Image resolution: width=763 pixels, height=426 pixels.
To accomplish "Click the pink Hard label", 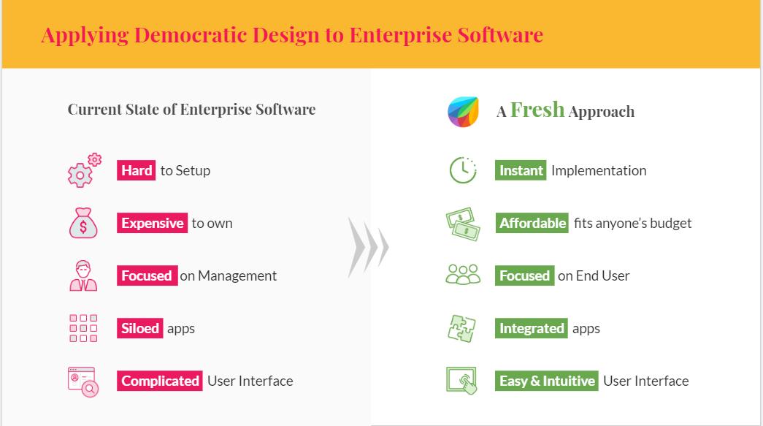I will pos(137,171).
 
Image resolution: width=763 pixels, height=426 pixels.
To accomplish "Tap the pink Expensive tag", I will pos(152,224).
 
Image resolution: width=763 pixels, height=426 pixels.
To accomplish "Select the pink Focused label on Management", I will pos(146,276).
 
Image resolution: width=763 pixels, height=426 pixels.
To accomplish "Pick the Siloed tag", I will pos(140,329).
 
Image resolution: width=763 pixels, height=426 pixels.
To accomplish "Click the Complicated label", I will pos(160,381).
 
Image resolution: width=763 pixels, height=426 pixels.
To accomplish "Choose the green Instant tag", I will pos(521,171).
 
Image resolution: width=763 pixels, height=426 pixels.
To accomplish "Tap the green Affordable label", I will pos(532,224).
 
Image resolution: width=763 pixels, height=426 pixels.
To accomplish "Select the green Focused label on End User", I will pos(524,276).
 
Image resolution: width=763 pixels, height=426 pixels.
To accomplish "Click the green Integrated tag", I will pos(532,329).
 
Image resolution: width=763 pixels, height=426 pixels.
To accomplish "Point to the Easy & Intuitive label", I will pos(547,381).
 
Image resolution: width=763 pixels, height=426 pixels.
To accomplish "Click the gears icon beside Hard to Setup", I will pos(84,170).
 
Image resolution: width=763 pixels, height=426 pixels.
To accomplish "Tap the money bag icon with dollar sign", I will pos(83,223).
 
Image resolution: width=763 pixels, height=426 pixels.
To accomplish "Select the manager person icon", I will pos(83,275).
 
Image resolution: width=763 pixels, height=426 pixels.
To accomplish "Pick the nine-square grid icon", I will pos(83,329).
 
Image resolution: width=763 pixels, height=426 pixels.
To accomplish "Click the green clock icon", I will pos(462,170).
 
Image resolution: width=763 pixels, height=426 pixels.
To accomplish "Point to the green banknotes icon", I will pos(463,224).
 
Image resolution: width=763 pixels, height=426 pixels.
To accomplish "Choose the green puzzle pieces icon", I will pos(462,328).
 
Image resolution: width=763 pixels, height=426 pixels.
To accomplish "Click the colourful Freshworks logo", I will pos(462,111).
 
